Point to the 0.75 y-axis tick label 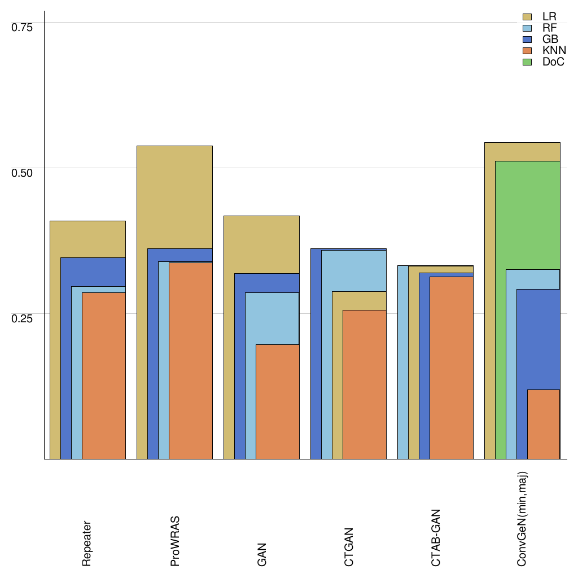tap(23, 27)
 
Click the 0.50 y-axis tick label tap(23, 173)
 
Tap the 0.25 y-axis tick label tap(23, 318)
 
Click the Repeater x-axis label tap(87, 543)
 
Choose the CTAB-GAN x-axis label tap(436, 537)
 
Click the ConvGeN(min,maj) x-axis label tap(523, 519)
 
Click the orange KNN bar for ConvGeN tap(544, 424)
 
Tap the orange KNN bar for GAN tap(277, 401)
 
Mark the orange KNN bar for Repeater tap(104, 375)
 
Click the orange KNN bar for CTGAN tap(365, 384)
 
